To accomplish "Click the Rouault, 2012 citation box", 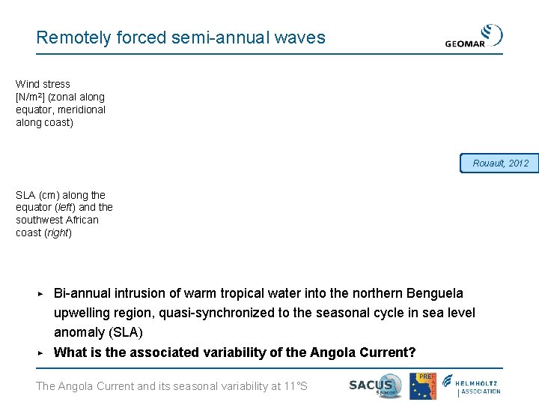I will point(499,163).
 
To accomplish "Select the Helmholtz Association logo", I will point(472,385).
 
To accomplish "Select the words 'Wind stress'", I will point(43,84).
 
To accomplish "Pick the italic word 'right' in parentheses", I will point(57,233).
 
